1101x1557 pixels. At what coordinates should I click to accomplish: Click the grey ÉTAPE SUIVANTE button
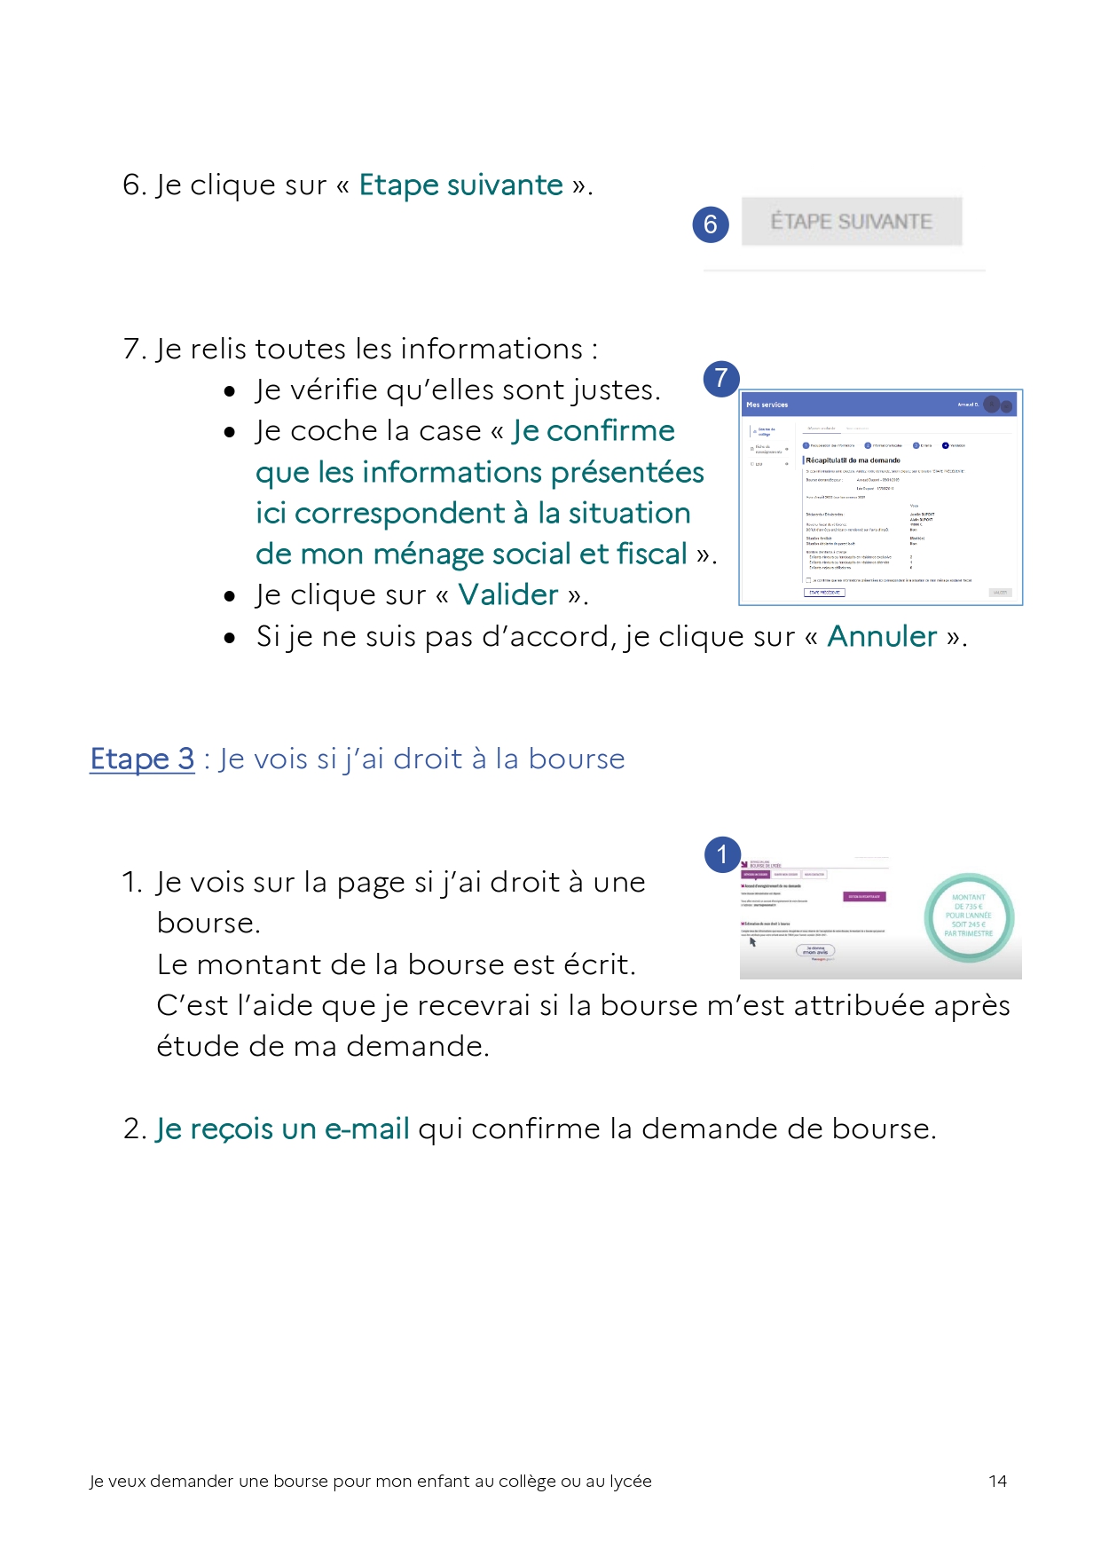pos(851,222)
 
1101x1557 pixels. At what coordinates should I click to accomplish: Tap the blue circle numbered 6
pos(711,224)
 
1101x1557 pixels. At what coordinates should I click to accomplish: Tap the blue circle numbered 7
pos(721,379)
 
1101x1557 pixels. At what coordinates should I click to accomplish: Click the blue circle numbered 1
pos(722,854)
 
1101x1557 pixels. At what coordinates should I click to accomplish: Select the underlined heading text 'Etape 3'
pos(143,759)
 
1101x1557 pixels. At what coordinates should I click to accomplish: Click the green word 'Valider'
pos(508,594)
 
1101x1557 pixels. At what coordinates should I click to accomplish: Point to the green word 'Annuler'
pos(882,636)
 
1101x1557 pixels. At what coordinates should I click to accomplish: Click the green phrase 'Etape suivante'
pos(460,185)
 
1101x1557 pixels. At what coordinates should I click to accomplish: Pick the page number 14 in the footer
pos(997,1481)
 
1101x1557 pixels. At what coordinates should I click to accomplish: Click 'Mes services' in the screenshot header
pos(767,405)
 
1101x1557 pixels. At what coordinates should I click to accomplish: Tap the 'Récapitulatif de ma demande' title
pos(853,460)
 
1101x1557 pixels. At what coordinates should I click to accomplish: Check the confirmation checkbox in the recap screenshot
pos(808,580)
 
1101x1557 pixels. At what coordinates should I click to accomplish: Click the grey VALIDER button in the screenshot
pos(1000,593)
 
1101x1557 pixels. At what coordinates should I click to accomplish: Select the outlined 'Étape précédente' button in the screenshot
pos(824,593)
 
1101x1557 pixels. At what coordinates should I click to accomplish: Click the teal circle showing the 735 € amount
pos(968,916)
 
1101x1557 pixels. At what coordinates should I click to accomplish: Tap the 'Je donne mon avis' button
pos(815,950)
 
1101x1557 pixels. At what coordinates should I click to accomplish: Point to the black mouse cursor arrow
pos(752,942)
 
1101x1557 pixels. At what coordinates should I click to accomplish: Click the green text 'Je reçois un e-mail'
pos(283,1128)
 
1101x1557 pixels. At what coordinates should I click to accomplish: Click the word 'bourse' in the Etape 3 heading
pos(577,759)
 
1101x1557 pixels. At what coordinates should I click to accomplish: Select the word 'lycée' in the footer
pos(630,1481)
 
